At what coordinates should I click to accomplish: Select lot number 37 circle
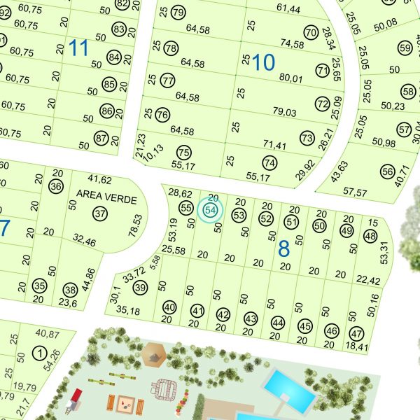point(100,213)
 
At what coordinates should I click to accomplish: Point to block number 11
point(79,48)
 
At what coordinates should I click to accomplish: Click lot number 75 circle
point(183,152)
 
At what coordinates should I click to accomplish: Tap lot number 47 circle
point(356,332)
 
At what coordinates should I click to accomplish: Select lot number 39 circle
point(141,288)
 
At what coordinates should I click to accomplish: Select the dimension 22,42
point(367,281)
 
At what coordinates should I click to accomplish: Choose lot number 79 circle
point(178,12)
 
